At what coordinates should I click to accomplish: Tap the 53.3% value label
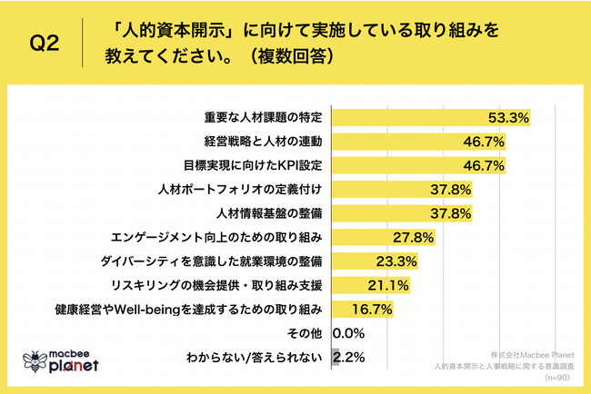coord(509,118)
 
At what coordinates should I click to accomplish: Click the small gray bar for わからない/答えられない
coord(336,357)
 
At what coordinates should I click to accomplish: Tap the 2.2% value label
coord(350,357)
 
